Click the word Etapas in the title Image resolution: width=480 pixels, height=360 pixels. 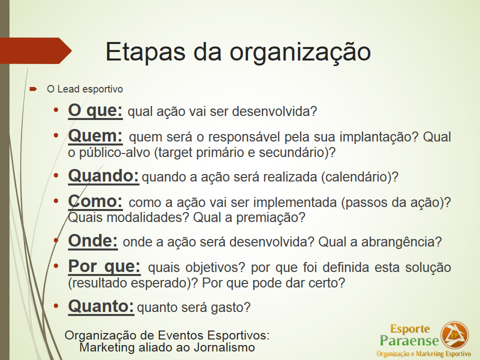[145, 51]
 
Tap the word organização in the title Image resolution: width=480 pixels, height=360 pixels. [300, 52]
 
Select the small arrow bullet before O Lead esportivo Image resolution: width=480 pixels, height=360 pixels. [33, 89]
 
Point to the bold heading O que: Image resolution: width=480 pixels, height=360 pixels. [95, 110]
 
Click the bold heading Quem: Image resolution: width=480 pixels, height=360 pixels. [95, 136]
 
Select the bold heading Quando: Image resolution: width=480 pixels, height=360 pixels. [103, 176]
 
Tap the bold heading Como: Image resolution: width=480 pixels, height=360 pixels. [95, 201]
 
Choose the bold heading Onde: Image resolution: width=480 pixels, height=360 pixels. [93, 241]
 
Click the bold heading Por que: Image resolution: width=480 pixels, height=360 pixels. [104, 266]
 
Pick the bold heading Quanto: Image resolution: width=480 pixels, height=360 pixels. [101, 306]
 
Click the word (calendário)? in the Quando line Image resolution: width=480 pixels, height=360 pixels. [359, 177]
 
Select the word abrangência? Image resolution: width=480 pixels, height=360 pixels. [401, 242]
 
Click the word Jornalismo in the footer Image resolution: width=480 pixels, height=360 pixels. [224, 348]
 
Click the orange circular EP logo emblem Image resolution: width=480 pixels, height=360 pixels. [454, 335]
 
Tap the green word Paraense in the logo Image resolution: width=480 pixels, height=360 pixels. [409, 340]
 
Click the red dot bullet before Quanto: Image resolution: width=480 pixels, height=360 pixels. [55, 306]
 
